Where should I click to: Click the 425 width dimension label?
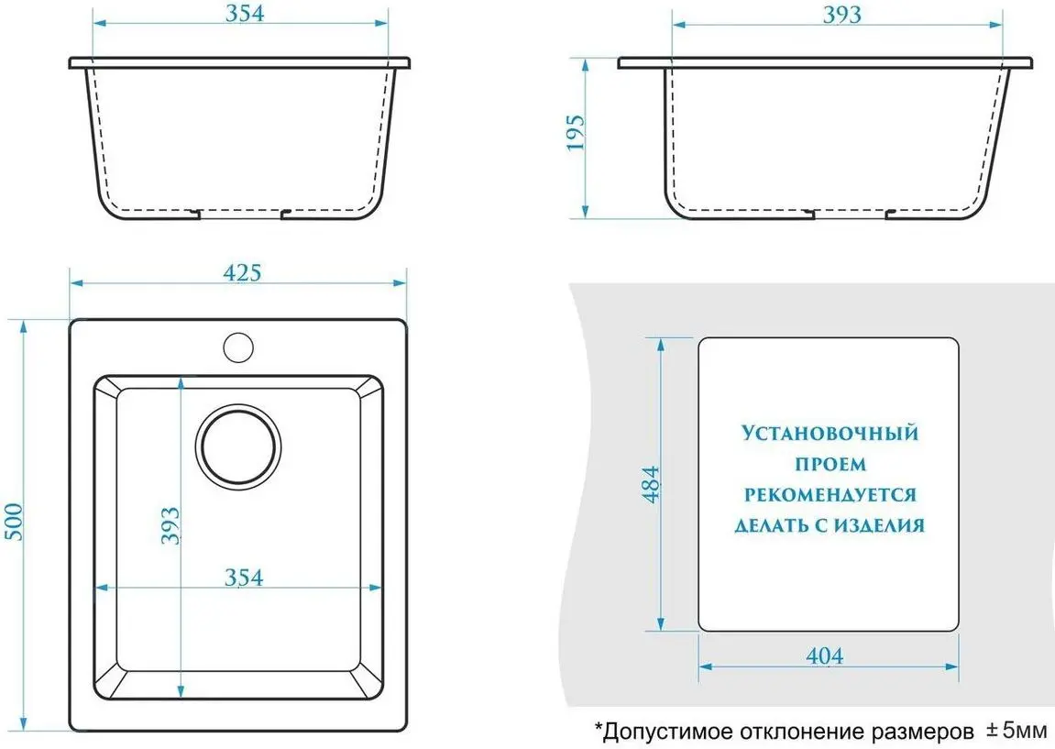point(243,272)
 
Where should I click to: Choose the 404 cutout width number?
point(823,655)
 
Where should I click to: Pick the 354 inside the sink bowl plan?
point(244,578)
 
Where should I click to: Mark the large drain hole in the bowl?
point(240,448)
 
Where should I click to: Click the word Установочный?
point(830,432)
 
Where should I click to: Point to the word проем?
point(830,464)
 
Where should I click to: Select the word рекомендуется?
point(830,495)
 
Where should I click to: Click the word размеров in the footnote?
point(918,732)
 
